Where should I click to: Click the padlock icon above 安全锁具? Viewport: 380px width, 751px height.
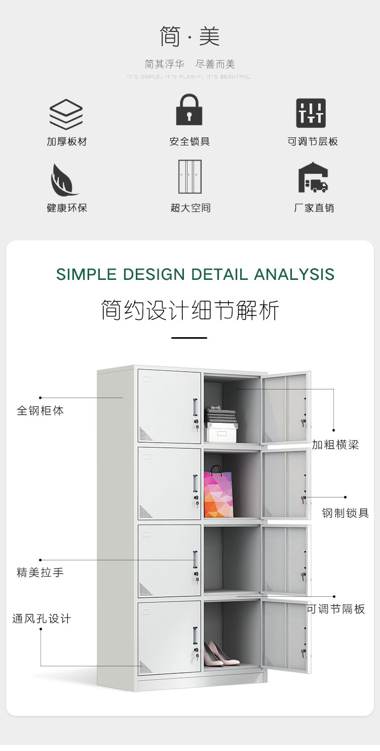[x=189, y=110]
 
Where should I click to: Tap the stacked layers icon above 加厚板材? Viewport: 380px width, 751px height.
[x=66, y=114]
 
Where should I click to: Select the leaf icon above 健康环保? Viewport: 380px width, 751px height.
[x=64, y=180]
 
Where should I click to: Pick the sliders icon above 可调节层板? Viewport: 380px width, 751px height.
[x=311, y=113]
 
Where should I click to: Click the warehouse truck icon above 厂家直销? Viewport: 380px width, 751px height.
[x=313, y=177]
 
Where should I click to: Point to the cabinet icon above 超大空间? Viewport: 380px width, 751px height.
[x=189, y=176]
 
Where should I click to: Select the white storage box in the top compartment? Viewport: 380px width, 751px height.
[x=221, y=432]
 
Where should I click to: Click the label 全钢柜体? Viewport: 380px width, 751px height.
[x=40, y=410]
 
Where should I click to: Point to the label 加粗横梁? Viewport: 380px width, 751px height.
[x=335, y=445]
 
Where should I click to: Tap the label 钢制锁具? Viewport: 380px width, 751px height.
[x=346, y=513]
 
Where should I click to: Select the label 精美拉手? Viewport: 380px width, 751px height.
[x=40, y=573]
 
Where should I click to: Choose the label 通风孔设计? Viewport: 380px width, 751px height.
[x=42, y=619]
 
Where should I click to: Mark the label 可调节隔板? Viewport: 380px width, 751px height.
[x=336, y=609]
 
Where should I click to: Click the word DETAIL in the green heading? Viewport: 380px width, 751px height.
[x=220, y=274]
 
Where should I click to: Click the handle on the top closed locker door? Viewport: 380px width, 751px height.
[x=196, y=407]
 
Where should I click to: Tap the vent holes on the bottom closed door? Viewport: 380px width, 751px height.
[x=145, y=668]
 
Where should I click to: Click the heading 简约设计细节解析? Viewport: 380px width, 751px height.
[x=190, y=310]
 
